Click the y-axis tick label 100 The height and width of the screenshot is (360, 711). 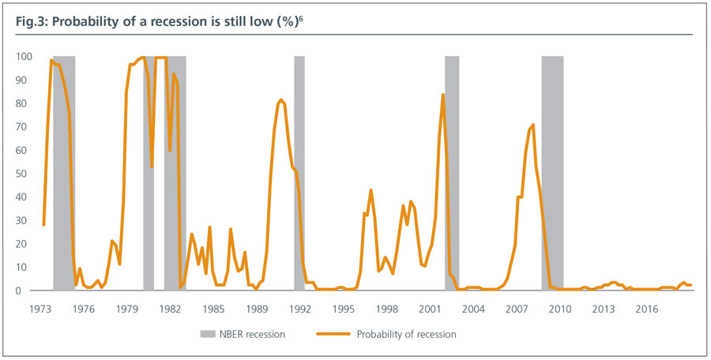coord(23,57)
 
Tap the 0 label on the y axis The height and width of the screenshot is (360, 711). coord(28,291)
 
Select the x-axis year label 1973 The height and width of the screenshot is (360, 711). coord(39,308)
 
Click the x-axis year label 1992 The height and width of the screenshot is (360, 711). coord(299,308)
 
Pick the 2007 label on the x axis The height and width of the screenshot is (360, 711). coord(517,308)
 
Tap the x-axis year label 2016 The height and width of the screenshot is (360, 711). coord(647,308)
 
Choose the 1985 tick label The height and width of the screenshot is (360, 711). coord(213,308)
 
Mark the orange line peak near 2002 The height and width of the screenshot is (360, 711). coord(442,95)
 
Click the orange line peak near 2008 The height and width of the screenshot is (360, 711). coord(533,125)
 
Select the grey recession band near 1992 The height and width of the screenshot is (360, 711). coord(299,174)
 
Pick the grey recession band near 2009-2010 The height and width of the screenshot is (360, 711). coord(552,174)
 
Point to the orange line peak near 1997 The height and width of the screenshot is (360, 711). coord(371,190)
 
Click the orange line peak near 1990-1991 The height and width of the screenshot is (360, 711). coord(280,100)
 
